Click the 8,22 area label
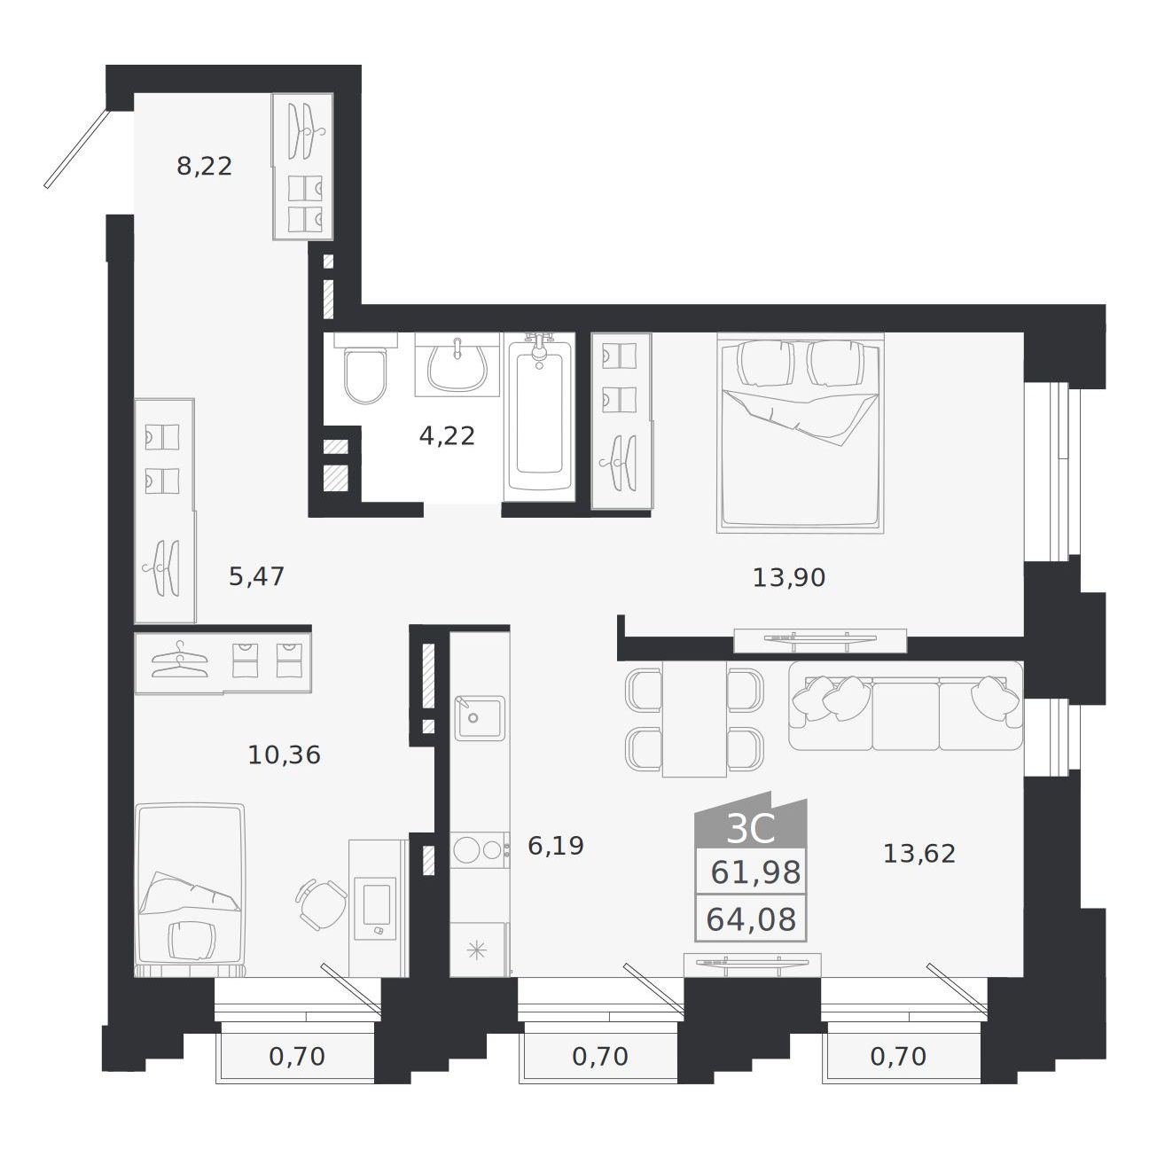pyautogui.click(x=204, y=167)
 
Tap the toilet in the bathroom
pyautogui.click(x=365, y=370)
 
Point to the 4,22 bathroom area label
pyautogui.click(x=447, y=436)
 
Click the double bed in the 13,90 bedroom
pyautogui.click(x=801, y=433)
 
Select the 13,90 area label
pyautogui.click(x=789, y=578)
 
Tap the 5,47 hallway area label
pyautogui.click(x=257, y=576)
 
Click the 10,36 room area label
pyautogui.click(x=285, y=755)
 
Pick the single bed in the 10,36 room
pyautogui.click(x=191, y=891)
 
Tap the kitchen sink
pyautogui.click(x=480, y=718)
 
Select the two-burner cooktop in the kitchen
pyautogui.click(x=479, y=851)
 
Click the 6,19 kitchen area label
pyautogui.click(x=556, y=846)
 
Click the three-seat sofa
pyautogui.click(x=906, y=706)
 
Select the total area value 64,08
pyautogui.click(x=751, y=919)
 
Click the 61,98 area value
pyautogui.click(x=755, y=873)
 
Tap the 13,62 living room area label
pyautogui.click(x=919, y=855)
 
